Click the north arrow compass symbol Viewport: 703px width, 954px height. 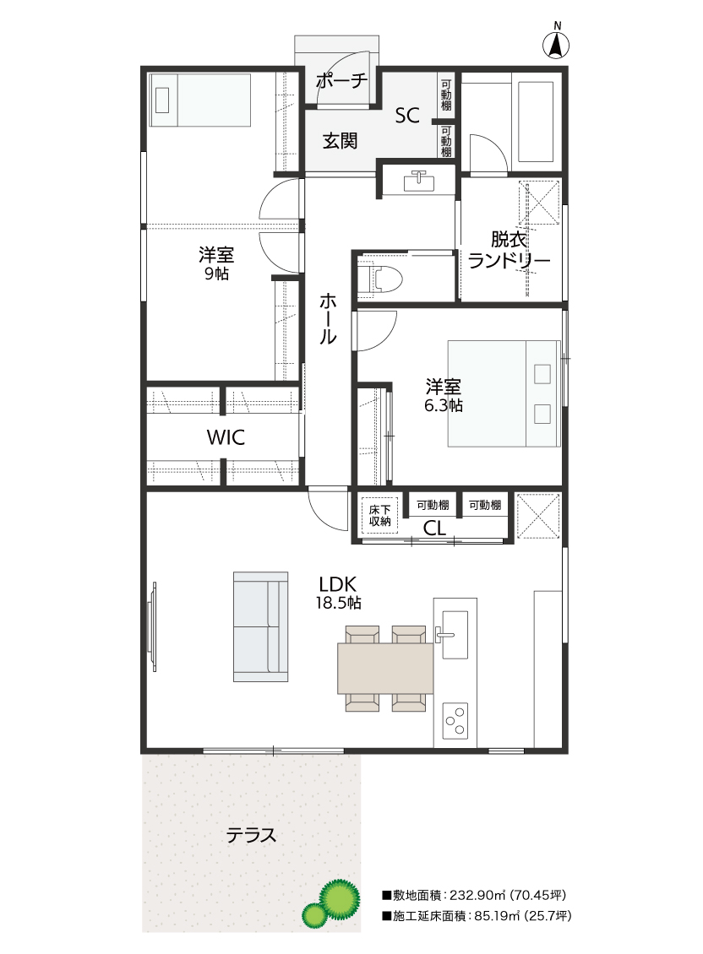556,44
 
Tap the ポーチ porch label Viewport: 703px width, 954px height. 341,81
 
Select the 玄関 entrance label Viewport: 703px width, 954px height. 340,141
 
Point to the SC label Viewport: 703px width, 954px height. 407,115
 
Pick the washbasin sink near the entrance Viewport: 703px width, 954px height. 418,180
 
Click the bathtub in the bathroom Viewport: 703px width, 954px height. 536,121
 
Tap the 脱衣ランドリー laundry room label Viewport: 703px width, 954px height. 509,249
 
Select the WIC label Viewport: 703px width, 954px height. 226,436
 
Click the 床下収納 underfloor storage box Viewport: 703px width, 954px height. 379,515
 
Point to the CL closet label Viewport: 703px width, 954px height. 434,528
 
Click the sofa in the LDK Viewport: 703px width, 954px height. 260,626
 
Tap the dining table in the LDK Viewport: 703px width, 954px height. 385,668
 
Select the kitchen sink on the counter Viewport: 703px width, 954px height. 455,634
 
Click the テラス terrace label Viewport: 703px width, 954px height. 251,835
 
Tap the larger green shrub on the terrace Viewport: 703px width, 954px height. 339,897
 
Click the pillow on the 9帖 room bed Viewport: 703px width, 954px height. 162,100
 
